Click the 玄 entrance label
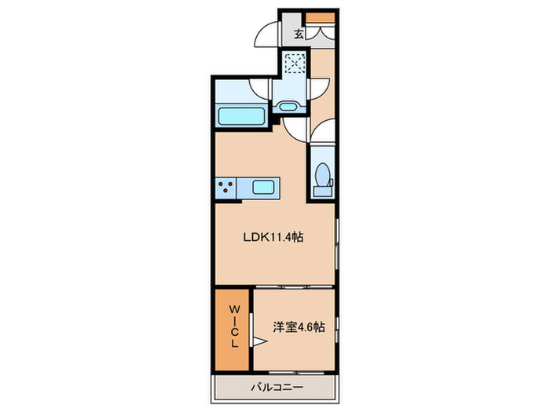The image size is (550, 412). [299, 34]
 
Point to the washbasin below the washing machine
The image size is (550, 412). [288, 106]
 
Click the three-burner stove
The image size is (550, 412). [228, 187]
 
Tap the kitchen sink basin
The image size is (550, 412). [263, 187]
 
